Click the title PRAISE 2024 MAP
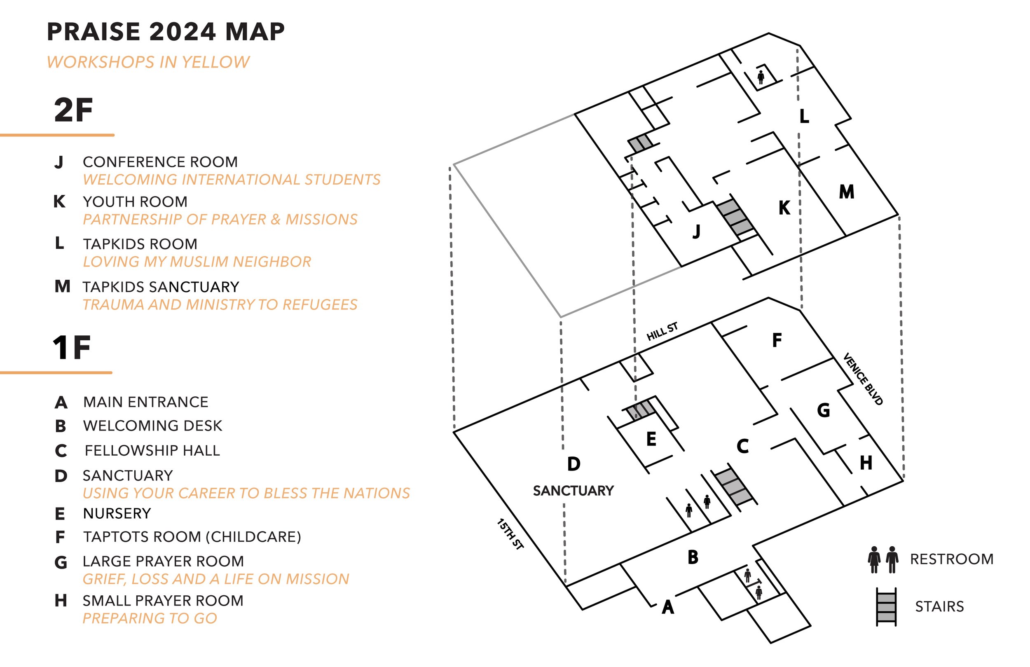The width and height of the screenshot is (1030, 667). tap(165, 32)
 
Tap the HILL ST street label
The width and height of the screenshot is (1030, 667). tap(662, 332)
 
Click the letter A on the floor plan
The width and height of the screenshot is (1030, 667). tap(668, 607)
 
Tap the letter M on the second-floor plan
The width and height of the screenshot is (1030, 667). tap(847, 192)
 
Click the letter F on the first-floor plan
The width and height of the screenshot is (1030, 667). tap(777, 340)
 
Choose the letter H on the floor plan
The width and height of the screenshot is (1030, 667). tap(866, 463)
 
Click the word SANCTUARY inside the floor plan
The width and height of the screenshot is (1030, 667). tap(573, 491)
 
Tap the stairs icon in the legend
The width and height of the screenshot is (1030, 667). tap(886, 606)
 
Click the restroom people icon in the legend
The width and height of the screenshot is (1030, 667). tap(883, 559)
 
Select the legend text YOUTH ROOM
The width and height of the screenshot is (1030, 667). tap(135, 202)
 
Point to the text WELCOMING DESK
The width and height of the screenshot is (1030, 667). tap(152, 426)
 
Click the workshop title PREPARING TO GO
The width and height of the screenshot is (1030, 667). tap(150, 618)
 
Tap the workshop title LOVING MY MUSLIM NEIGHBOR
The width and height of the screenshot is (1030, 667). tap(197, 262)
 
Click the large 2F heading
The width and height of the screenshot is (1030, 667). tap(73, 110)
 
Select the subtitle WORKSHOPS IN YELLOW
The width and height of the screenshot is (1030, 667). tap(148, 62)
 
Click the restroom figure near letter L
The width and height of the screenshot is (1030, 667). tap(761, 77)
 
